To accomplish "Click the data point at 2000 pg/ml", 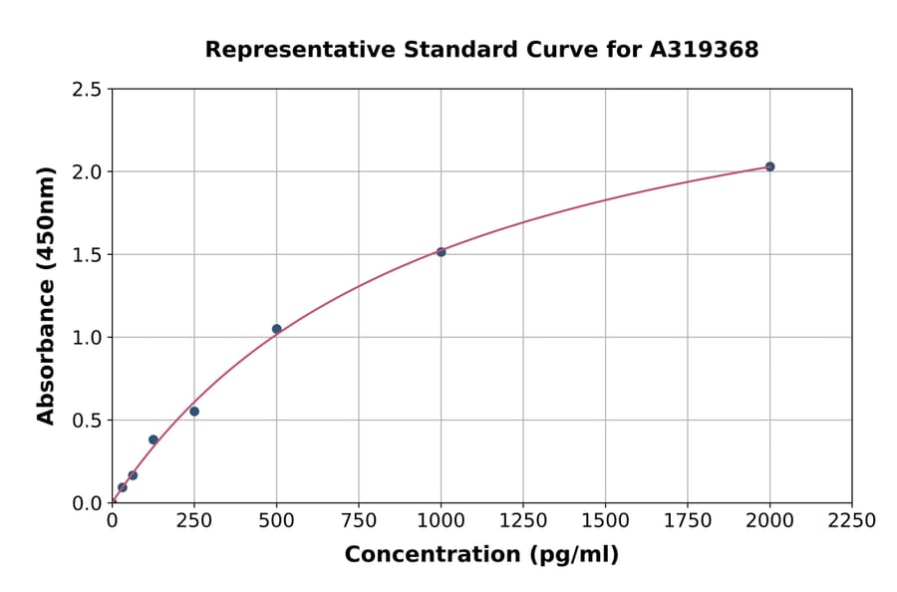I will (769, 166).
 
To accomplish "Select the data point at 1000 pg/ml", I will (441, 252).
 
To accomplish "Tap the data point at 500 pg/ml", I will (277, 329).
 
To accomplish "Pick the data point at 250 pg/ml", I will (194, 412).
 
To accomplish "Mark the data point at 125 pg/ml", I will (153, 440).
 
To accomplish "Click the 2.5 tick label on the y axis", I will (88, 90).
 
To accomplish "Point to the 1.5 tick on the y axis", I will (88, 255).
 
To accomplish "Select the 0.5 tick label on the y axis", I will (88, 421).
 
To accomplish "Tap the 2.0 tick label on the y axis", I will (88, 172).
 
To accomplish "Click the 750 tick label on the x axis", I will (359, 520).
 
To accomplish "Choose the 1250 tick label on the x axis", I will (523, 520).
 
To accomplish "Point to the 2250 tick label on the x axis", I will (852, 520).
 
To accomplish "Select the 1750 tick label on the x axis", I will (688, 520).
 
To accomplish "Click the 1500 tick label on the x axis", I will (605, 520).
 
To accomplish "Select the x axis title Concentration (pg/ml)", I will (481, 555).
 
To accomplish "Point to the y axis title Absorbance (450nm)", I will (46, 296).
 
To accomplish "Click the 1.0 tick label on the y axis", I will (88, 338).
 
